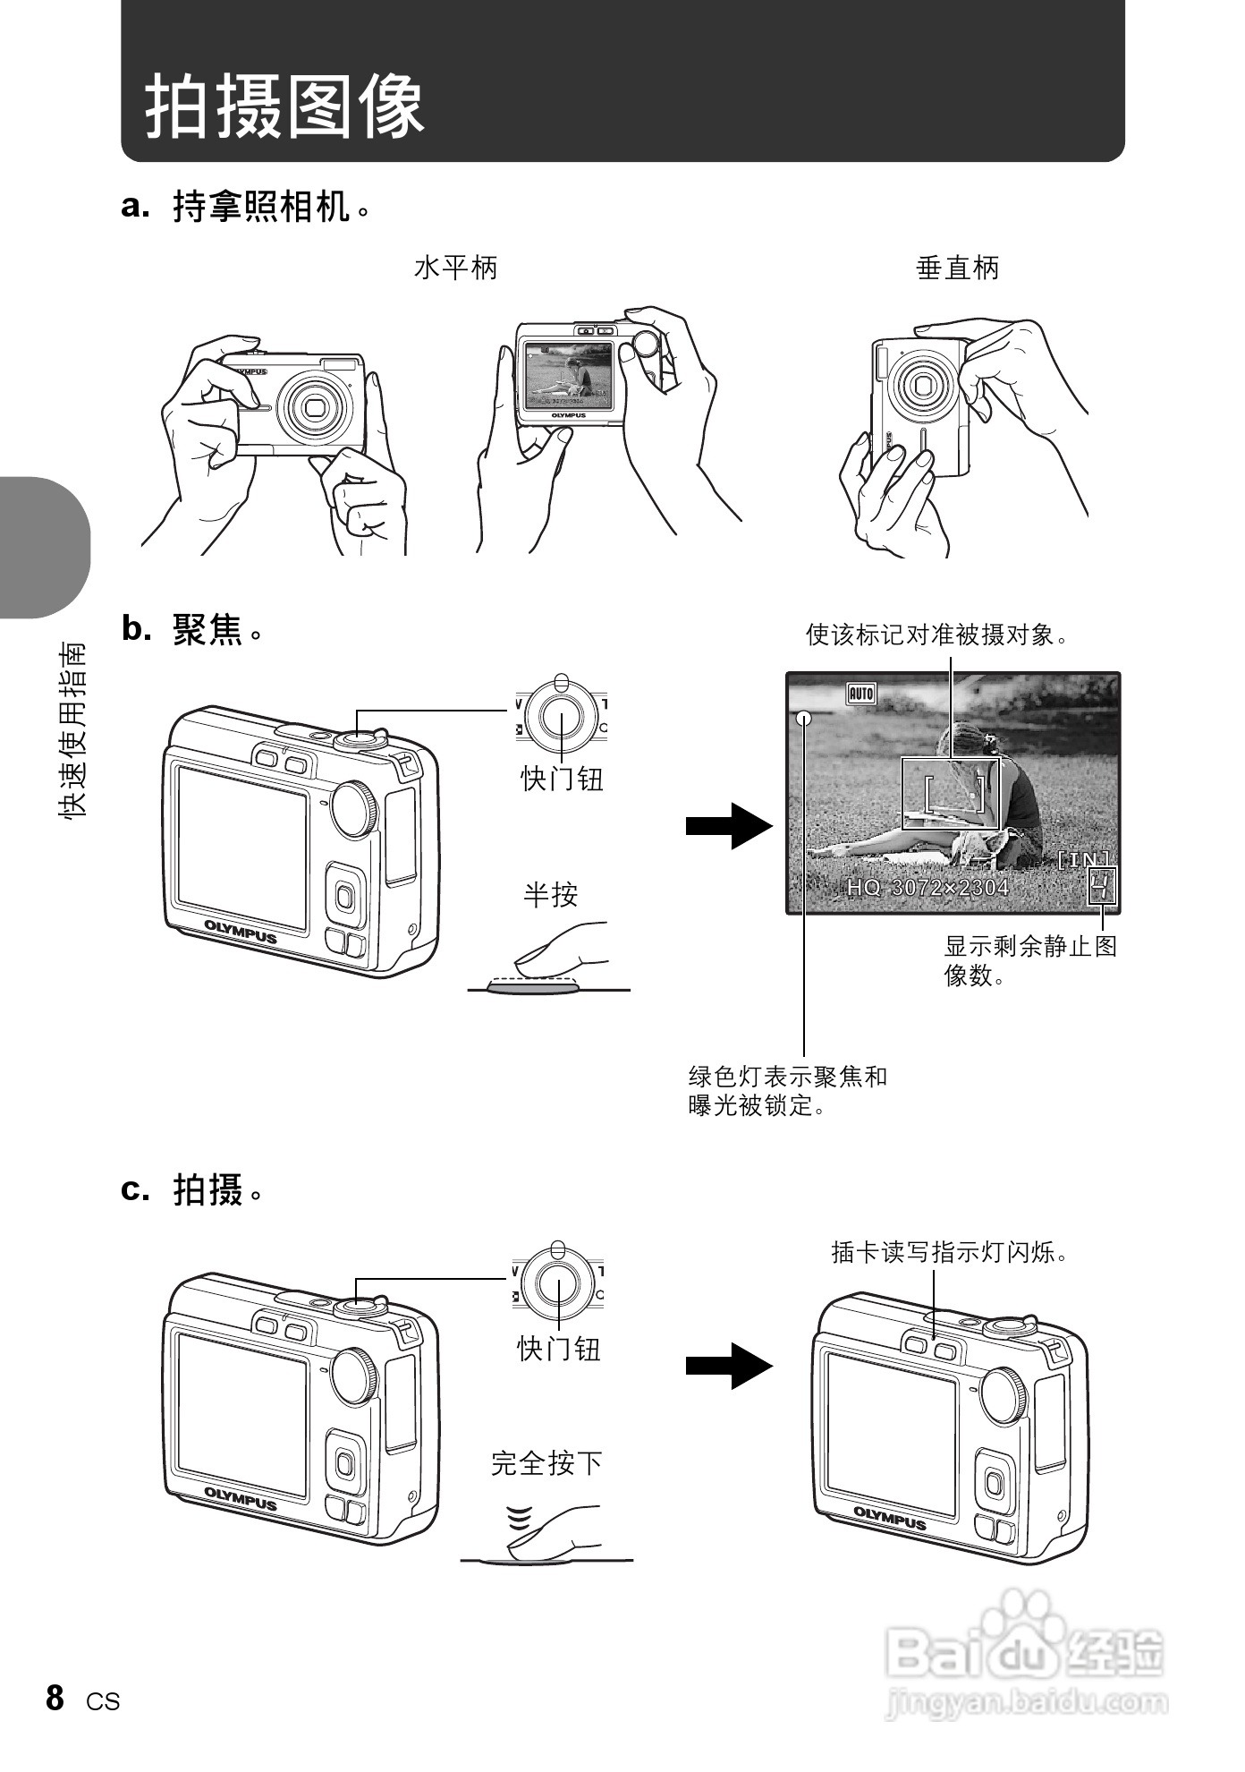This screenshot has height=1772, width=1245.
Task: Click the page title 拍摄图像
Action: click(284, 106)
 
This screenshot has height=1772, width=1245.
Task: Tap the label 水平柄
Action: click(455, 268)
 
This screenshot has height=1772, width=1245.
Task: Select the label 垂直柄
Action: click(957, 268)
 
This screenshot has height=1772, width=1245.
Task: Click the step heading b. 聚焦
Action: click(192, 631)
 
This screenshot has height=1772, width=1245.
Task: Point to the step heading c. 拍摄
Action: click(192, 1189)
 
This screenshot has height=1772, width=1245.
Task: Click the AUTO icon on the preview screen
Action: click(860, 693)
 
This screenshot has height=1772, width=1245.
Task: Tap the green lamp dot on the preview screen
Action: click(803, 718)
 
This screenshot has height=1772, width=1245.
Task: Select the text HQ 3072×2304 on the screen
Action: click(927, 887)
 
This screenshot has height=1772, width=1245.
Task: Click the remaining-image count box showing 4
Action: click(1102, 887)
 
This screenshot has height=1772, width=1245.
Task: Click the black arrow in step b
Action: click(728, 826)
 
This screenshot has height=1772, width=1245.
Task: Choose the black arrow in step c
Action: click(728, 1366)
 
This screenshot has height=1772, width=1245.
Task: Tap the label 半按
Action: click(550, 894)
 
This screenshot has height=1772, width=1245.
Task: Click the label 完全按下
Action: click(546, 1463)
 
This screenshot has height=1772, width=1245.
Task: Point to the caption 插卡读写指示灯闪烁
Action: click(950, 1251)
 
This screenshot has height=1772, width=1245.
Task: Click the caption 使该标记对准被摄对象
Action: click(937, 635)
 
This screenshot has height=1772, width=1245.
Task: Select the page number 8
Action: click(55, 1698)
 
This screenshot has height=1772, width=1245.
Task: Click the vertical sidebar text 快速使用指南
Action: click(72, 729)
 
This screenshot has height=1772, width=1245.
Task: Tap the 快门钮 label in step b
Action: click(562, 779)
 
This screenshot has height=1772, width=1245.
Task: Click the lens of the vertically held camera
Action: click(921, 387)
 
